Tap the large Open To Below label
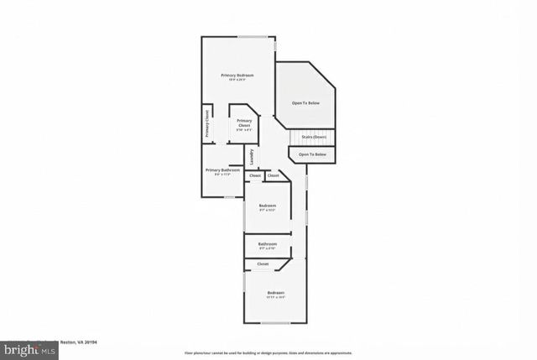(305, 103)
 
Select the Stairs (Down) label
(314, 137)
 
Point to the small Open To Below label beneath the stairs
(312, 154)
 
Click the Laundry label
(251, 157)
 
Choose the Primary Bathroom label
(222, 172)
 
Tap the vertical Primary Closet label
(207, 124)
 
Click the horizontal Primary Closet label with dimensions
(244, 125)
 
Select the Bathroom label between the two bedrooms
(268, 246)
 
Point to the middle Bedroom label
(268, 207)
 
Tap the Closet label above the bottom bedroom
(263, 263)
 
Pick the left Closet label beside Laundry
(255, 175)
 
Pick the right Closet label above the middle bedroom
(273, 175)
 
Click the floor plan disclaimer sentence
(268, 352)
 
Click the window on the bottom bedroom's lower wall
(275, 322)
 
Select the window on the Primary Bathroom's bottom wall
(228, 197)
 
